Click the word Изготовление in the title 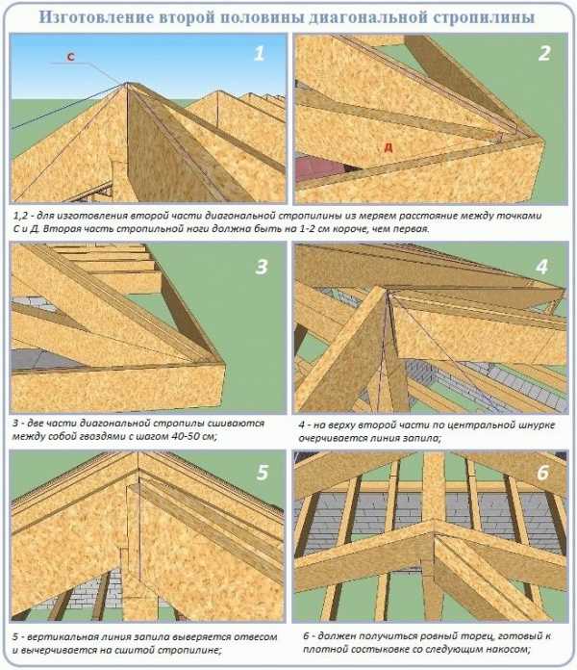96,17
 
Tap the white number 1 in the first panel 260,53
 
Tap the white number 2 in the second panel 544,53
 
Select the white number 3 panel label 262,267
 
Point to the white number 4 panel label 541,267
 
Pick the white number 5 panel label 262,472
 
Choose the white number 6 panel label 542,473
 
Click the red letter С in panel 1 70,57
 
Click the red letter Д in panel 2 388,148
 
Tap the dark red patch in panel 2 319,168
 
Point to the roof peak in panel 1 128,83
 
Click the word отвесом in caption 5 255,636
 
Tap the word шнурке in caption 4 538,425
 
